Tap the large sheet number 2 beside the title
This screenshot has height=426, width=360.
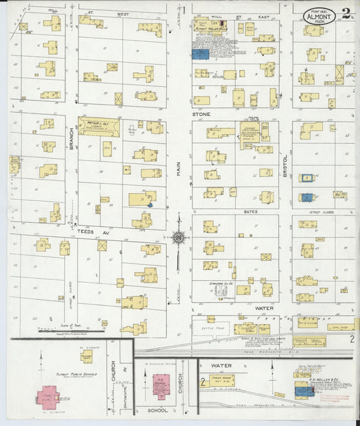345,12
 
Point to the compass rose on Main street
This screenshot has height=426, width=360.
179,237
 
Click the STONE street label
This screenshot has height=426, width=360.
201,114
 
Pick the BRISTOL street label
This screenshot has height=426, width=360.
286,163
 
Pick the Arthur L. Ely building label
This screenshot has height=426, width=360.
98,123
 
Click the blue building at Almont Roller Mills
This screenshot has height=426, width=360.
200,54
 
